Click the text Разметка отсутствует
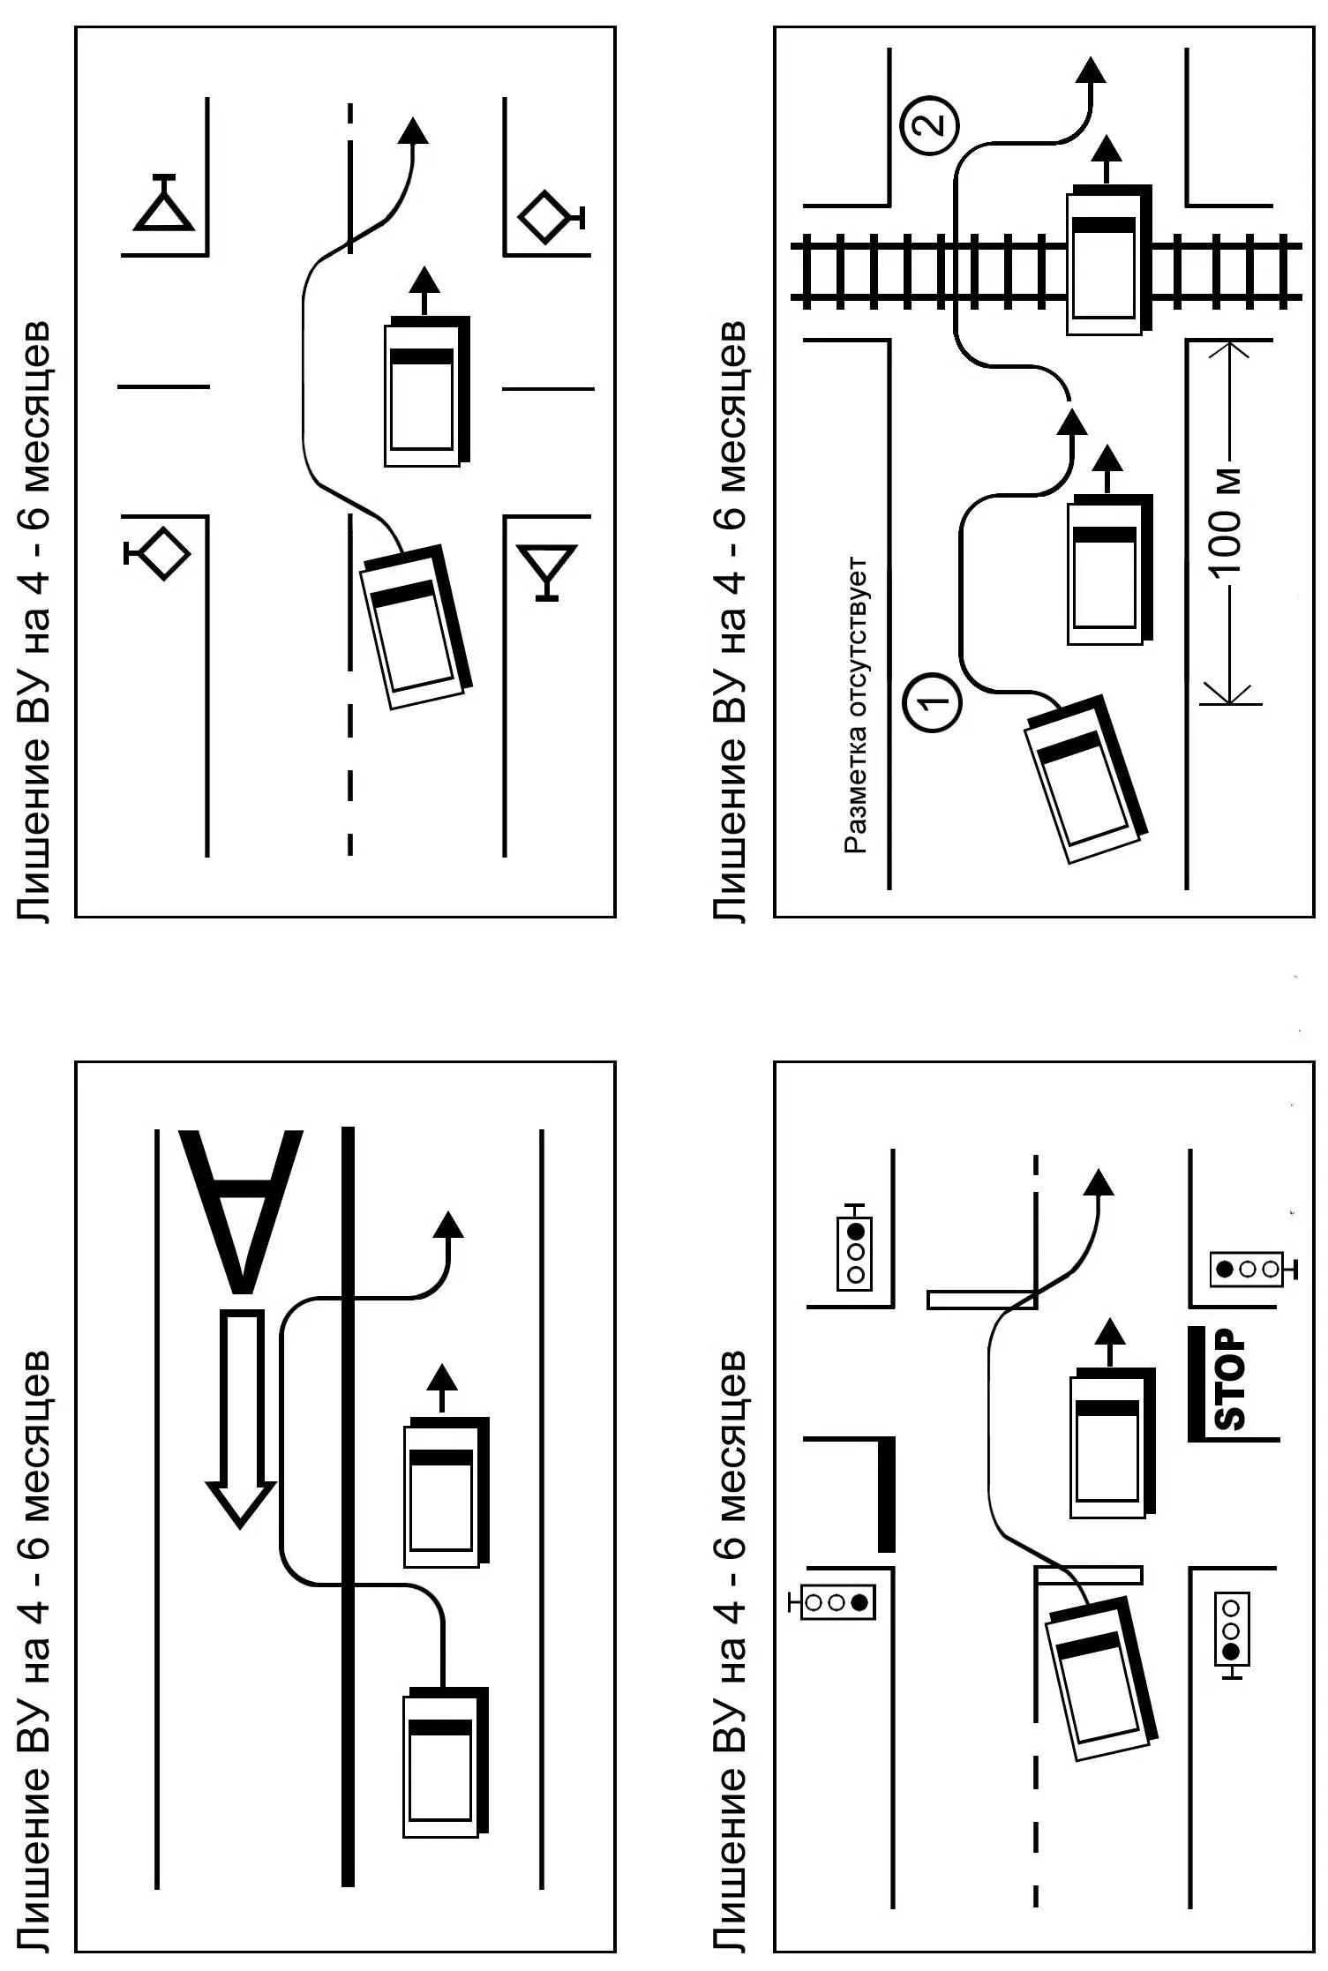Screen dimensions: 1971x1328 [x=855, y=705]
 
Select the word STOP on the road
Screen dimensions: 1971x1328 [x=1230, y=1381]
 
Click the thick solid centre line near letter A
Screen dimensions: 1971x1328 [x=348, y=1509]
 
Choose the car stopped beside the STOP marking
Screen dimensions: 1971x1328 [x=1112, y=1443]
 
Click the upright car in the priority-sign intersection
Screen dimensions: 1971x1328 [x=426, y=393]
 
